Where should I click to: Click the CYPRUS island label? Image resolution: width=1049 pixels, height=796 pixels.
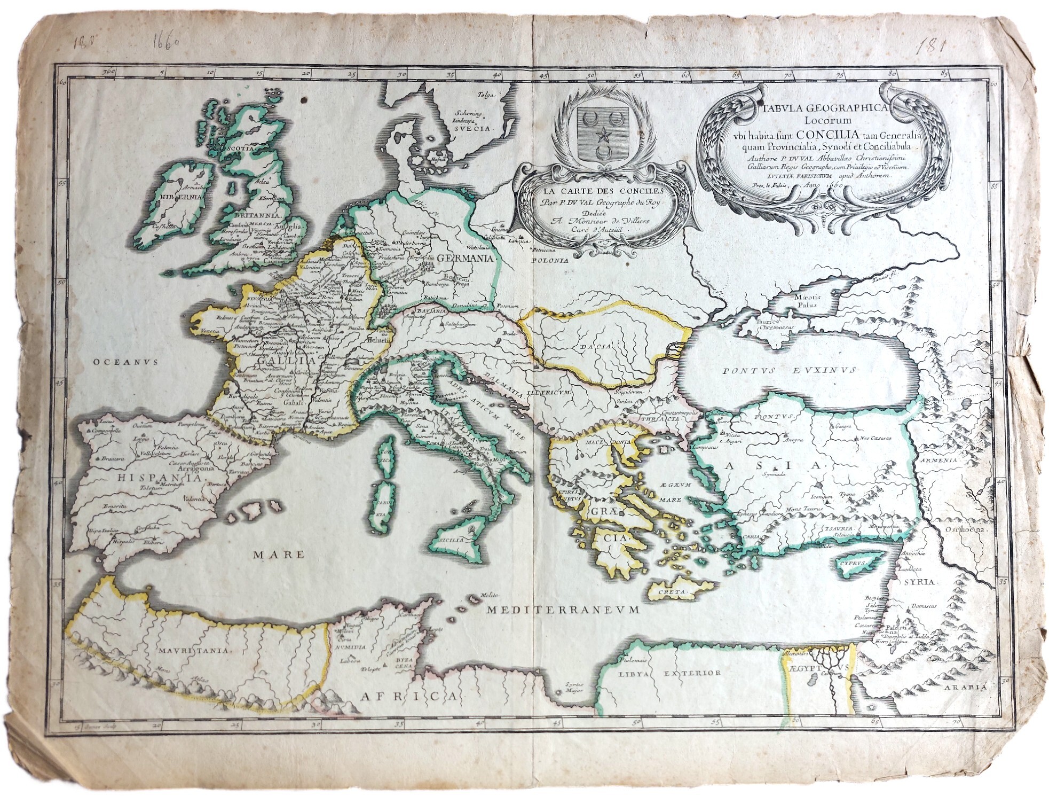click(851, 563)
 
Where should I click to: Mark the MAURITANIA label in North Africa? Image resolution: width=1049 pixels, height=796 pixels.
click(194, 650)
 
